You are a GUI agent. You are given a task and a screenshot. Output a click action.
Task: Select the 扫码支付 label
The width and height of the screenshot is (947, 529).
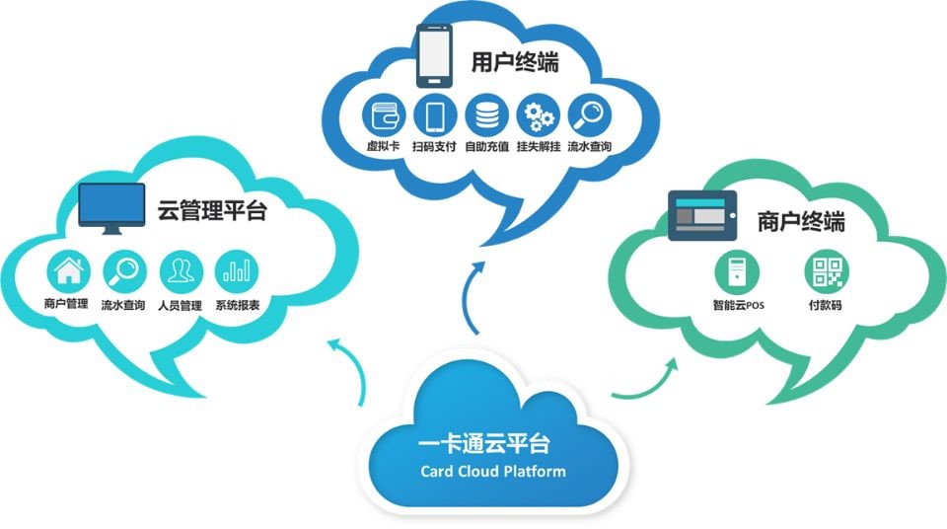coord(434,147)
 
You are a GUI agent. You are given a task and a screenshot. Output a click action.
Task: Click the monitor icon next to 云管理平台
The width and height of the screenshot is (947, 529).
coord(112,208)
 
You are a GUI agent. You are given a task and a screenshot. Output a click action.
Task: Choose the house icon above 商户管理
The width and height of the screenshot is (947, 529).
coord(67,269)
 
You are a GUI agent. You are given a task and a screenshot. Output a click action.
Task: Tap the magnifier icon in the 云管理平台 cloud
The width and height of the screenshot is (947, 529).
coord(124,269)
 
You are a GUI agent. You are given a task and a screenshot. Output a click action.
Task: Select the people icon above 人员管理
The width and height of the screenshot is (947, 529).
coord(180,269)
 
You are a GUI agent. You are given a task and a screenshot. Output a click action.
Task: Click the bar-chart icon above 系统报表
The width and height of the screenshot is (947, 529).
coord(237,269)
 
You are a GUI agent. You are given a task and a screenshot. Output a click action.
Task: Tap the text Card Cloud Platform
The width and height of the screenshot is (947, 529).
coord(492,471)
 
